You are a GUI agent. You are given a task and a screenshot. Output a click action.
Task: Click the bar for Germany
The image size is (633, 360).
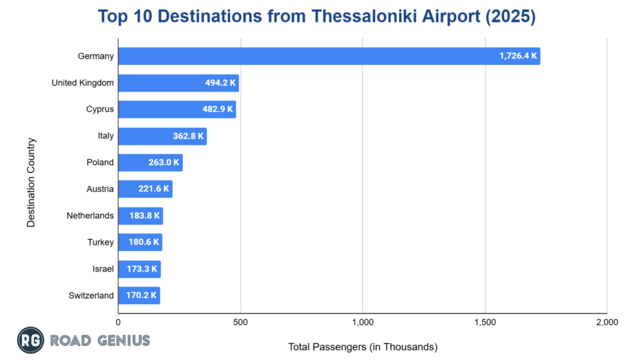(x=328, y=56)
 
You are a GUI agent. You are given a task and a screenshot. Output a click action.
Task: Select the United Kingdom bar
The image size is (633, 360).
(x=178, y=83)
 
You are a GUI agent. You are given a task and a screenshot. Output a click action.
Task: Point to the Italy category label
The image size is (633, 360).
(x=106, y=136)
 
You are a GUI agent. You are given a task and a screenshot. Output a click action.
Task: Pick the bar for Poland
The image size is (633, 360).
(x=150, y=163)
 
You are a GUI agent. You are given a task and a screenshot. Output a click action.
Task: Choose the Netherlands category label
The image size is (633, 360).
(x=90, y=216)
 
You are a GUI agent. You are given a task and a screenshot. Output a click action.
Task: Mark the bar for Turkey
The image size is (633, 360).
(x=140, y=242)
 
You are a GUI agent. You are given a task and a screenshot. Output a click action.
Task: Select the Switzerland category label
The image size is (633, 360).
(x=91, y=296)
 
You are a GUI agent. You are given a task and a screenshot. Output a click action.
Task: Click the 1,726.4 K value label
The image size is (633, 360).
(x=519, y=56)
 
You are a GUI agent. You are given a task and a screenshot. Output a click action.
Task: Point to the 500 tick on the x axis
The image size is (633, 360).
(x=240, y=322)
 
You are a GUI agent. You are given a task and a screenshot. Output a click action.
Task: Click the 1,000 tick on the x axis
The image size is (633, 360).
(x=363, y=322)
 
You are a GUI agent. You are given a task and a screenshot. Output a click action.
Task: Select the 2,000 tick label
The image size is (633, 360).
(x=607, y=322)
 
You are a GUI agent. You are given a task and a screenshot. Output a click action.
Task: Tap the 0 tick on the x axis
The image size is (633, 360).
(x=118, y=322)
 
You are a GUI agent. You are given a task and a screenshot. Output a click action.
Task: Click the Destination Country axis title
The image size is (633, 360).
(x=32, y=182)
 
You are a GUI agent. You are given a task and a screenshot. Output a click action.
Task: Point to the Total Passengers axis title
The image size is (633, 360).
(x=363, y=347)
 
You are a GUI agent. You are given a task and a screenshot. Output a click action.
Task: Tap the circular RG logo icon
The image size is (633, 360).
(x=29, y=340)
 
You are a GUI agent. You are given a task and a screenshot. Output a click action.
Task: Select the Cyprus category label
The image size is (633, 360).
(x=100, y=109)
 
